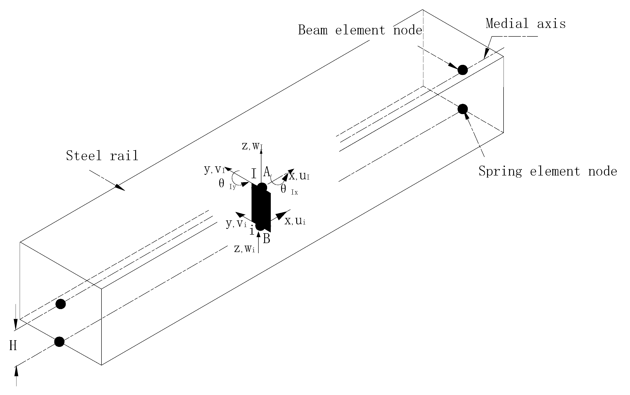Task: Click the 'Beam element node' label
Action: [x=360, y=30]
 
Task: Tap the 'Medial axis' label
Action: [x=526, y=24]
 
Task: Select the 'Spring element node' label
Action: [x=548, y=171]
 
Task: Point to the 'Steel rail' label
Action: [x=102, y=156]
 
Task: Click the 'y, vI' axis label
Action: [x=214, y=170]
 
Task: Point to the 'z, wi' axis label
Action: [x=244, y=249]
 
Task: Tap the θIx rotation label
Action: [x=289, y=190]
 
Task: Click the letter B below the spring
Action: [x=266, y=239]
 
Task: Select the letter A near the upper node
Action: [x=266, y=172]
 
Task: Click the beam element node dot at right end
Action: [x=463, y=70]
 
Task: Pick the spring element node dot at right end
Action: [x=463, y=109]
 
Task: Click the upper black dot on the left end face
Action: [x=61, y=304]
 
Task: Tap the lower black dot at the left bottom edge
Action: [x=59, y=342]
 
